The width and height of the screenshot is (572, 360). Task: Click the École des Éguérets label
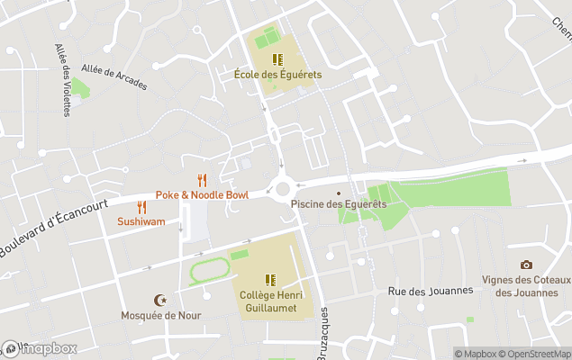click(277, 75)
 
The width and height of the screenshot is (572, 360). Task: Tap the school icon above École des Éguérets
click(277, 59)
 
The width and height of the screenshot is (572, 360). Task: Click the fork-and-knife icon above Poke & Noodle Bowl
click(202, 180)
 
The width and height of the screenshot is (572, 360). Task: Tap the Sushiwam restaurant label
click(141, 220)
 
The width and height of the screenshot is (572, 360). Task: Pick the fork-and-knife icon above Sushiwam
click(141, 207)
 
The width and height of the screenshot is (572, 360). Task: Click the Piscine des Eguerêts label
click(339, 204)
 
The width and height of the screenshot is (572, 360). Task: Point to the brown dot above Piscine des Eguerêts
click(339, 192)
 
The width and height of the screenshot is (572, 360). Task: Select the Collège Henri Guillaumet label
click(270, 301)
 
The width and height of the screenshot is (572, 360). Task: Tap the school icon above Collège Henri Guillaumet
click(270, 280)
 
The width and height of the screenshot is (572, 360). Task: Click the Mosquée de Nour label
click(161, 315)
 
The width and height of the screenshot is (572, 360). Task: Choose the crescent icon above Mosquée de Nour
click(161, 300)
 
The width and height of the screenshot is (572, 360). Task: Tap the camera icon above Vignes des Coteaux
click(526, 265)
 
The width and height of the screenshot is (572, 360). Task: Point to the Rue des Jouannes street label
click(430, 290)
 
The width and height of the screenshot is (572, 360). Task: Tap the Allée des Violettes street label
click(63, 80)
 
